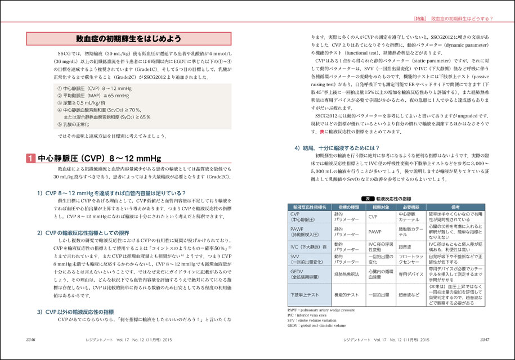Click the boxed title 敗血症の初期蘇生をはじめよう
coord(128,39)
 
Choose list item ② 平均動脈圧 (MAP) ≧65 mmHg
coord(96,96)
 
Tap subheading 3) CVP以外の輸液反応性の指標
coord(83,310)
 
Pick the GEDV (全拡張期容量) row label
coord(304,274)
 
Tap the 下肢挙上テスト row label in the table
coord(304,294)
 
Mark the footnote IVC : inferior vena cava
coord(306,314)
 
